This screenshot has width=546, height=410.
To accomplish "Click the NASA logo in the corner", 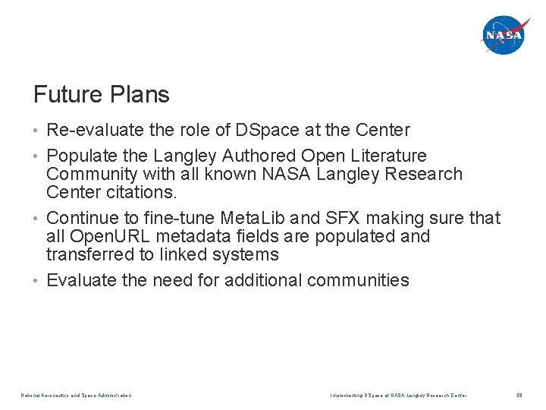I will click(504, 35).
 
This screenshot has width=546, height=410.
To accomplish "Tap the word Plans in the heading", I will click(140, 95).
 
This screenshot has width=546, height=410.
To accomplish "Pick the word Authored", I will click(259, 156).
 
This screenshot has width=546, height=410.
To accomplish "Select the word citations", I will click(145, 192).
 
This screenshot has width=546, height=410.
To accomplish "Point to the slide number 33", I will click(519, 395).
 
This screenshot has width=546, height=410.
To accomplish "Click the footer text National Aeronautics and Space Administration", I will click(77, 395).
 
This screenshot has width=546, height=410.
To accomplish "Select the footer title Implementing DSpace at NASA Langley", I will click(398, 395).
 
